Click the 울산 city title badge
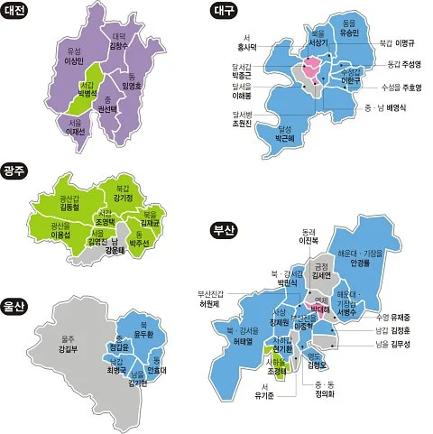pos(17,280)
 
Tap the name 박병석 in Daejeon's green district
pos(87,93)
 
